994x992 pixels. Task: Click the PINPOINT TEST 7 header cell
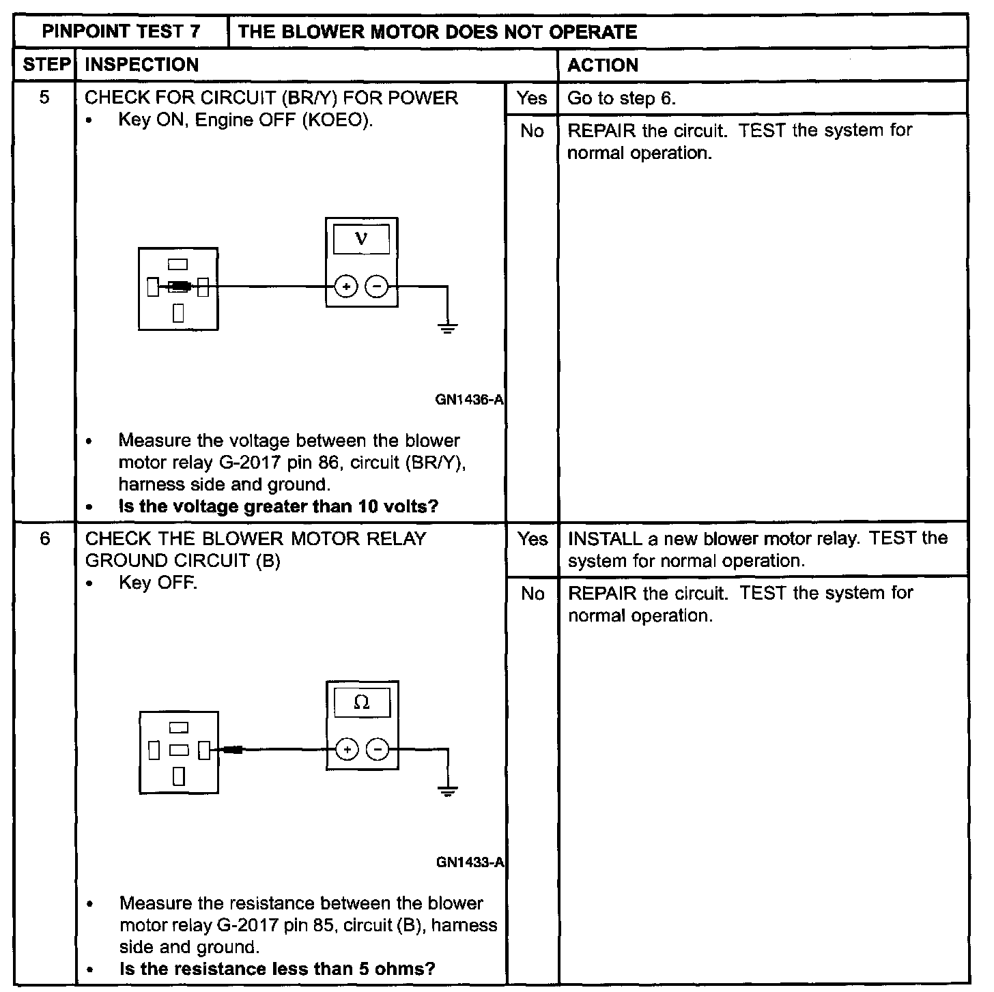point(121,31)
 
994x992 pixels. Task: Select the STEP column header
point(46,65)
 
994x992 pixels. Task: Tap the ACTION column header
point(603,65)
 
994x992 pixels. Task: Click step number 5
point(44,98)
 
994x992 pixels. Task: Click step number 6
point(44,539)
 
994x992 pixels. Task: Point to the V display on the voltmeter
point(361,239)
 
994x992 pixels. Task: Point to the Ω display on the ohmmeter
point(362,703)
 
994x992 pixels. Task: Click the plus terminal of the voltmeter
point(346,287)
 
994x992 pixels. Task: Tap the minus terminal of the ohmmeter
point(378,750)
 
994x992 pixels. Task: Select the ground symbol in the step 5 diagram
point(447,328)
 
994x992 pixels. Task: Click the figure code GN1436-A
point(469,400)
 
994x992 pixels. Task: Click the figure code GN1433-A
point(470,863)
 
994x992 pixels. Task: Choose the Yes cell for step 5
point(532,98)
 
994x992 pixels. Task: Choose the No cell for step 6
point(532,594)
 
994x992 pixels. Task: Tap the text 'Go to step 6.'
point(621,98)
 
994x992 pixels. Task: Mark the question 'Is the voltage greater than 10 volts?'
point(279,507)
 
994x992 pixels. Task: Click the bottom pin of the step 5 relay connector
point(179,312)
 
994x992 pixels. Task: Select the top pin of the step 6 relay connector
point(179,729)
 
